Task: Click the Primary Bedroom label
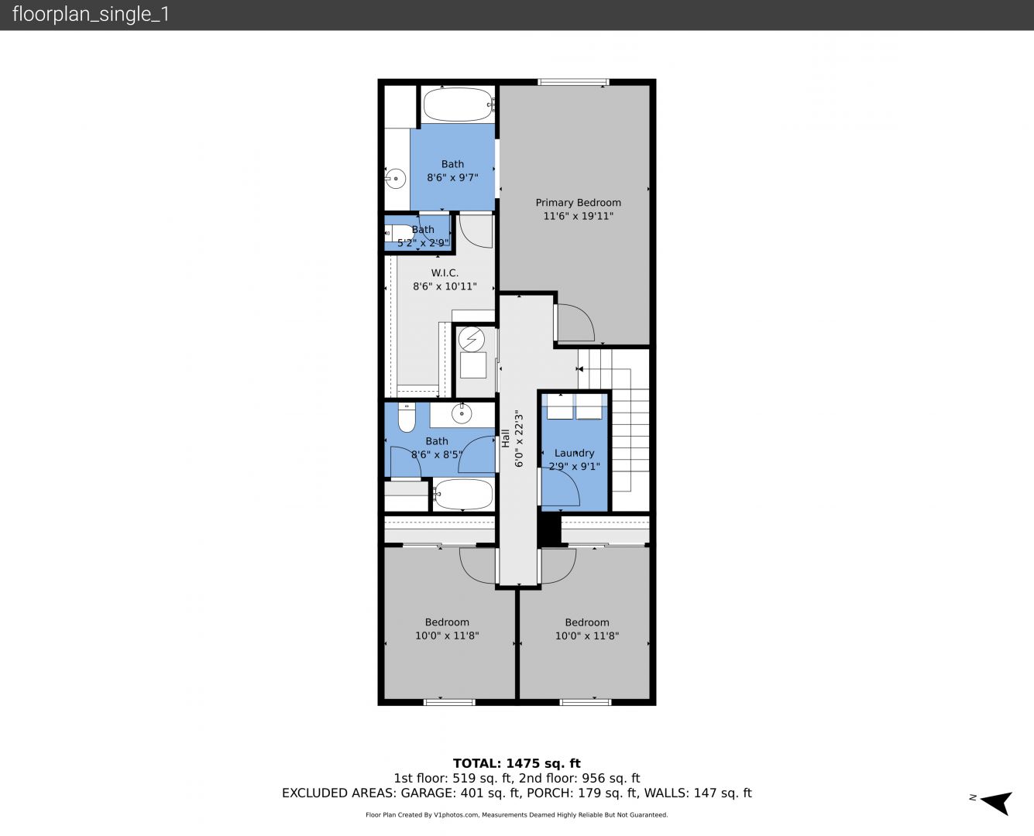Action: coord(578,202)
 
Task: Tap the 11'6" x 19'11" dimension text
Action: coord(578,216)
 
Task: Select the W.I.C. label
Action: coord(445,272)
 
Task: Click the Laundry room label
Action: coord(574,453)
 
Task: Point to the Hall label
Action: coord(505,438)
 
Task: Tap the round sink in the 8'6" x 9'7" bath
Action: coord(396,179)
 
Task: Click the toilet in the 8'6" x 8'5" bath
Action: coord(407,417)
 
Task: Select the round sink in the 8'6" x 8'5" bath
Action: coord(461,414)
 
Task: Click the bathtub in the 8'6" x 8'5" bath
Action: coord(462,495)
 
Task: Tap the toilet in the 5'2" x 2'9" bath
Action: coord(397,233)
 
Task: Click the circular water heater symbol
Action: coord(472,339)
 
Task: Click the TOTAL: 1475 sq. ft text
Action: coord(517,763)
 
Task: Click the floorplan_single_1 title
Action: coord(91,14)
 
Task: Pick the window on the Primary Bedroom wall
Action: coord(573,81)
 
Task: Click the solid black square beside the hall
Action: coord(549,529)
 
